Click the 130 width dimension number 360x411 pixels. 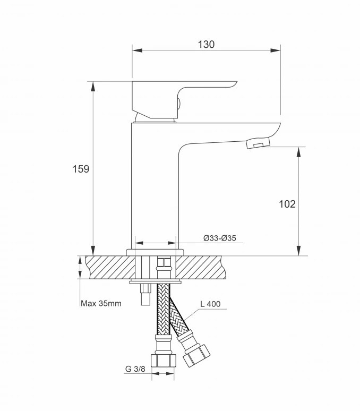206,45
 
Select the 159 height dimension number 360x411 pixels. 81,169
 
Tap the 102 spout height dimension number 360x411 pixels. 287,204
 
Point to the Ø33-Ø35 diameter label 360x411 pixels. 220,238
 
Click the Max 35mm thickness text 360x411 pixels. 101,304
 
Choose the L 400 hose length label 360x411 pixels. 210,304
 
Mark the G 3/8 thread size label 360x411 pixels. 135,369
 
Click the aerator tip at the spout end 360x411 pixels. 258,143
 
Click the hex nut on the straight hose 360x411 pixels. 163,361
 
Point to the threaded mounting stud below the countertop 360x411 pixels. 145,294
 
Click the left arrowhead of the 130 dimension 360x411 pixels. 138,50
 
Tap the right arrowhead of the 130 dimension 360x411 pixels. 276,50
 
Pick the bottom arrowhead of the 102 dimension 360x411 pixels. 299,251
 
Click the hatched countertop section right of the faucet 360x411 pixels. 200,267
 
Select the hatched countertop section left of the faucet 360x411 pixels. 110,267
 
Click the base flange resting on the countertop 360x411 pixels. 155,252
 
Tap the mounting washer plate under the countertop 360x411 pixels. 155,282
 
